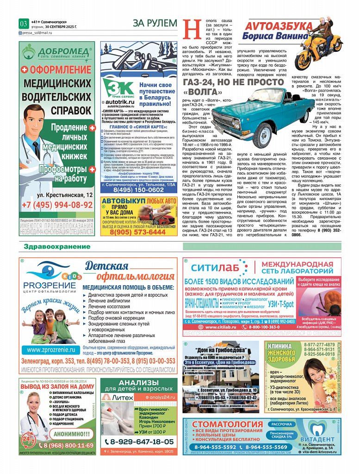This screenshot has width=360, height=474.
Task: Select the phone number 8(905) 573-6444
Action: point(139,232)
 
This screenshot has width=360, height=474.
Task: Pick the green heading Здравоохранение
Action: point(57,247)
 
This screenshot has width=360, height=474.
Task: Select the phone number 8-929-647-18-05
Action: point(138,442)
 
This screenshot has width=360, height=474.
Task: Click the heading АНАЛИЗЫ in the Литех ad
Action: point(139,383)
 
